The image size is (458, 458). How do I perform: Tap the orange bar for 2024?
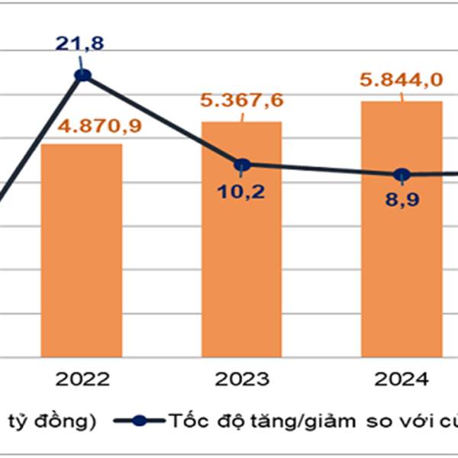[402, 229]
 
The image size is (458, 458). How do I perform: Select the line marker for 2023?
[242, 164]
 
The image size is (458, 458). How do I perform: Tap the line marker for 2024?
[402, 174]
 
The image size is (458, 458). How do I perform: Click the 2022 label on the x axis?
[82, 380]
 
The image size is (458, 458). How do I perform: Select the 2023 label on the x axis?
[242, 380]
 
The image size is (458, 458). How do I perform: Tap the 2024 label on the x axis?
[402, 380]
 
